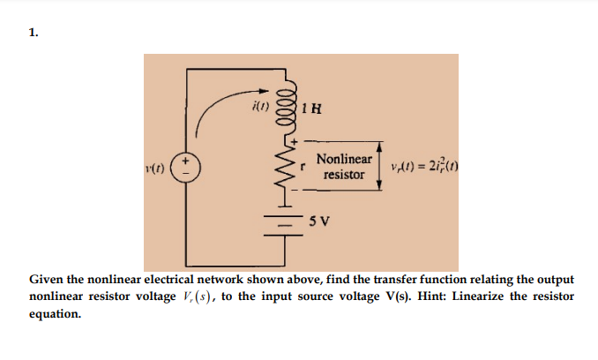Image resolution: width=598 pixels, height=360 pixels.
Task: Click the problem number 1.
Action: (33, 34)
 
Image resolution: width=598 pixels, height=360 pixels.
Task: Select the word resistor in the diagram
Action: (344, 175)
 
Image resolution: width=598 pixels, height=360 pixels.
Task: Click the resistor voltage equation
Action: (422, 168)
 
